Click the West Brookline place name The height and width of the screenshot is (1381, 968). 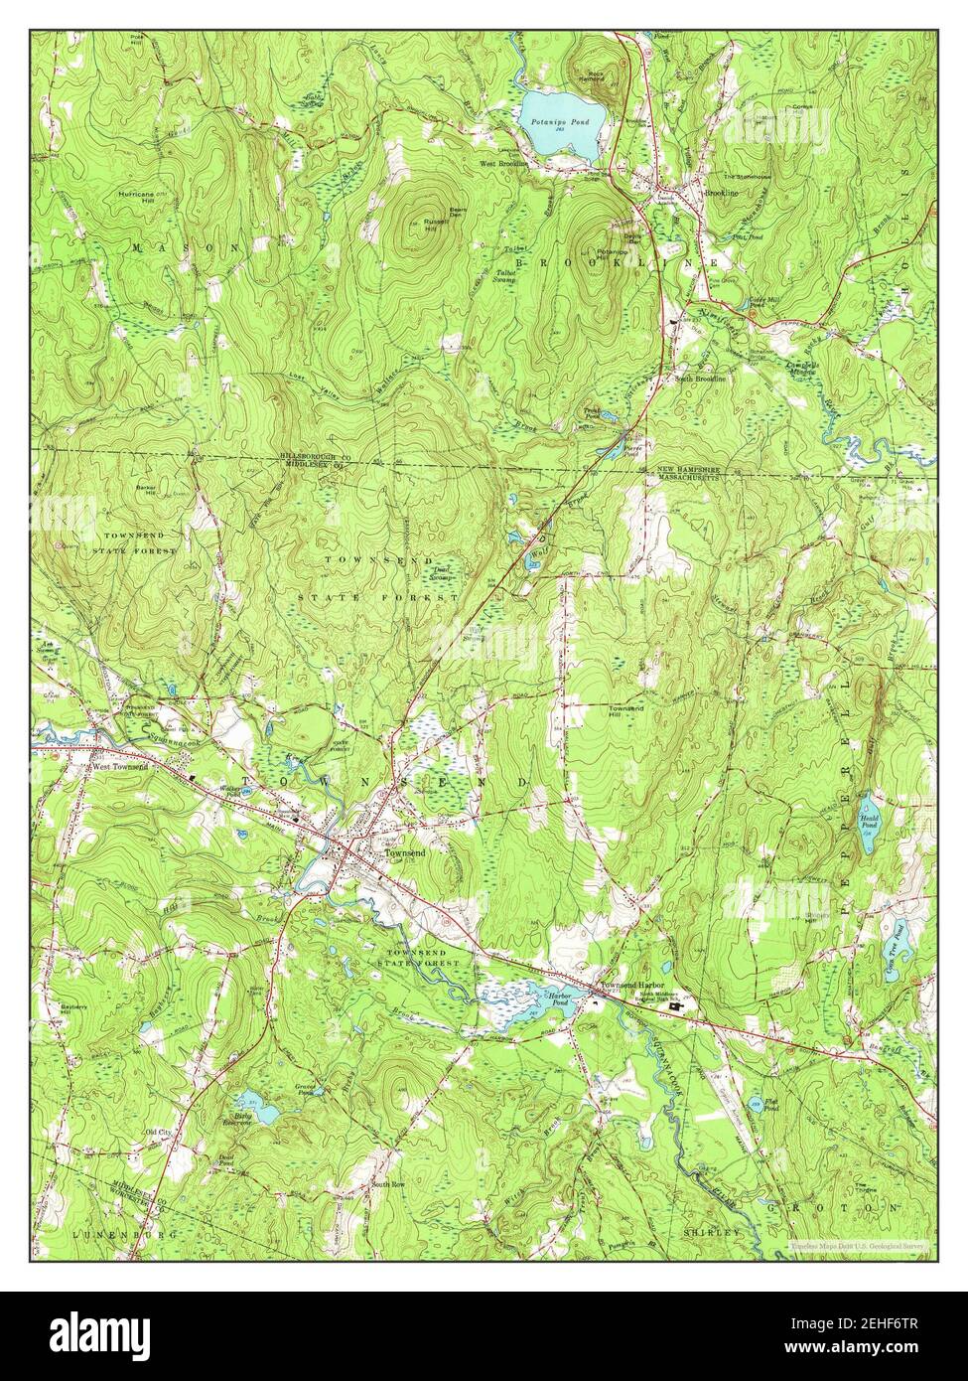pyautogui.click(x=502, y=163)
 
